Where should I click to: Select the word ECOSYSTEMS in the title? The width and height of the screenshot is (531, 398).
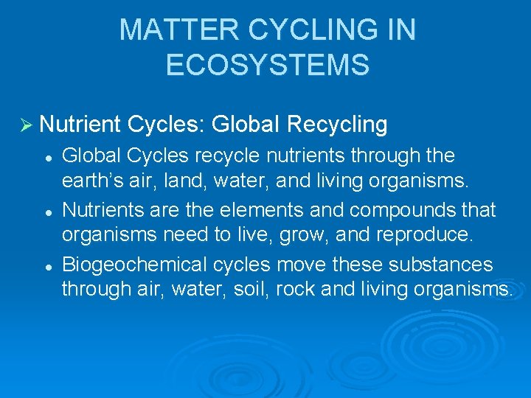[268, 65]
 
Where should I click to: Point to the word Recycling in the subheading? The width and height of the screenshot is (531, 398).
[337, 125]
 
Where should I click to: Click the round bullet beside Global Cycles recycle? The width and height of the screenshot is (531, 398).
[47, 157]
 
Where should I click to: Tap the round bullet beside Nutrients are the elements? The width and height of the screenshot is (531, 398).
[47, 211]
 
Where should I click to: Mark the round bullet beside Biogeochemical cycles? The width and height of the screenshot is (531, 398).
[47, 265]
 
